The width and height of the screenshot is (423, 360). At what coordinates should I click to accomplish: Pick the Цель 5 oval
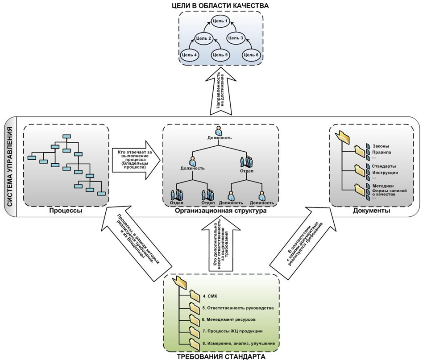tap(220, 55)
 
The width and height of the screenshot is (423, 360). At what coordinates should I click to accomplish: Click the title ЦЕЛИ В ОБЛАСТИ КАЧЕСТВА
tap(221, 5)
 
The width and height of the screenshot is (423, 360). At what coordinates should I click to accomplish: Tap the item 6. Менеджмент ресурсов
tap(235, 319)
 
